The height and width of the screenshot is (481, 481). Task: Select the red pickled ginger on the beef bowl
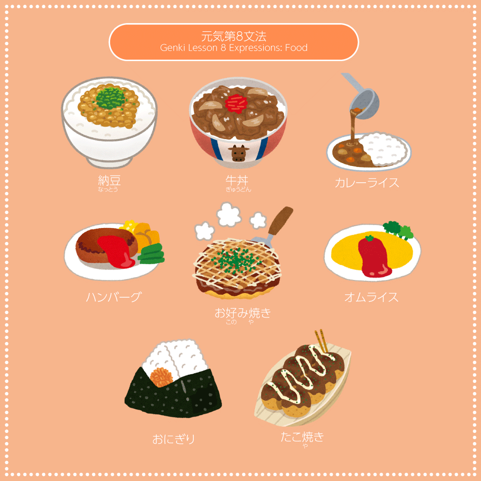click(x=236, y=102)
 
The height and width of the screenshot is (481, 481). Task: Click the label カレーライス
click(x=367, y=183)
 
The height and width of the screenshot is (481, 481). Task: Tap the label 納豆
click(x=109, y=181)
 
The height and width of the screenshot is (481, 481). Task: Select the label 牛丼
click(x=237, y=181)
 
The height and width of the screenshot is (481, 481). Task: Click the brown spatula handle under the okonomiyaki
click(x=281, y=220)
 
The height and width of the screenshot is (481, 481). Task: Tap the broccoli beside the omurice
click(x=397, y=230)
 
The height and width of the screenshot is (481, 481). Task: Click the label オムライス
click(x=371, y=297)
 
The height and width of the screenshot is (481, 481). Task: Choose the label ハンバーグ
click(x=114, y=297)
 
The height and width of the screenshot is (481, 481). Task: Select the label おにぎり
click(x=174, y=439)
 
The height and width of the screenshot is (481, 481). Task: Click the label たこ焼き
click(x=302, y=437)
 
